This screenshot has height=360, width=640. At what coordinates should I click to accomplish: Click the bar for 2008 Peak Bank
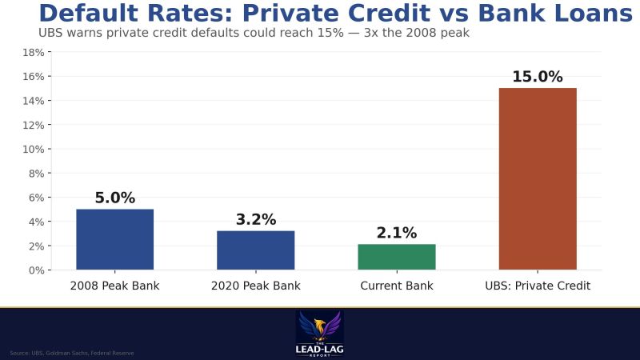tap(114, 239)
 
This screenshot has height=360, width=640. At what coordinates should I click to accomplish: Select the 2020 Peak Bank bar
tap(255, 250)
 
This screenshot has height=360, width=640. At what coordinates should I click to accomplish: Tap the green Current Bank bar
tap(397, 257)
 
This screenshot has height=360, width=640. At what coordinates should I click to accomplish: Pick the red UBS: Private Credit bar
tap(538, 178)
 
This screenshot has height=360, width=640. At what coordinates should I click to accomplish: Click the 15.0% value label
tap(538, 78)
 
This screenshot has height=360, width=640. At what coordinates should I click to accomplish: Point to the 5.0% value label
tap(114, 198)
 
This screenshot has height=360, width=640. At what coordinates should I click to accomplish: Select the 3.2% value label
tap(255, 220)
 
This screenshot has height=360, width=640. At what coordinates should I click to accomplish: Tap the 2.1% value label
tap(397, 234)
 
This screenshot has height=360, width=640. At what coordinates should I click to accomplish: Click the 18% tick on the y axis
tap(33, 53)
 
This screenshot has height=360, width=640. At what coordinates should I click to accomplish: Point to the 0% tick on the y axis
tap(35, 270)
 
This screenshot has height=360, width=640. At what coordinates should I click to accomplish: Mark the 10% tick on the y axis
tap(33, 150)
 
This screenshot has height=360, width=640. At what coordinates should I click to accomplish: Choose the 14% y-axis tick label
tap(33, 101)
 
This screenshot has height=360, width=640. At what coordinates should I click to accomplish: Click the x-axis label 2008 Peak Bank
tap(114, 286)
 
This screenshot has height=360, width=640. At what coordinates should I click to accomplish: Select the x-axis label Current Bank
tap(397, 286)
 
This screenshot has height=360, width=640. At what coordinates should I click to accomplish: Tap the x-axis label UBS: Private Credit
tap(538, 286)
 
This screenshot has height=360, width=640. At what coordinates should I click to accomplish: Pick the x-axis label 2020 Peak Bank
tap(255, 286)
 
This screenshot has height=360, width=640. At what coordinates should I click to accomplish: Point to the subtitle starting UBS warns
tap(254, 34)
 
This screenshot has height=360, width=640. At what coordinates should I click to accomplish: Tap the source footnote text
tap(72, 353)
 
